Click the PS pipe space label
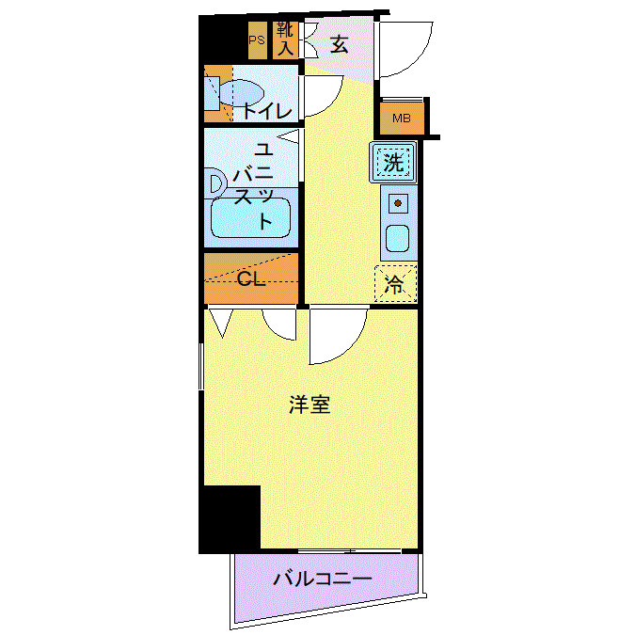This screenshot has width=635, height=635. tap(256, 40)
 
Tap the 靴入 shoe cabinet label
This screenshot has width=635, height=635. tap(285, 39)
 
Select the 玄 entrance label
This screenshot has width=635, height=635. tap(339, 44)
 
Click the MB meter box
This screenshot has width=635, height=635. tap(402, 119)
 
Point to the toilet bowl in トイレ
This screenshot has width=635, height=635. tap(242, 93)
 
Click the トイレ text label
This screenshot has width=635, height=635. tap(267, 111)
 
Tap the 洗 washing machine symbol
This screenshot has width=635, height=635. tap(393, 163)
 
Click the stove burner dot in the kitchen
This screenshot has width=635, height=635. tap(398, 203)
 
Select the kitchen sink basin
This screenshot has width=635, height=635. tap(397, 239)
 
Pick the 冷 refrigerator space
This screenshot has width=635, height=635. tap(395, 283)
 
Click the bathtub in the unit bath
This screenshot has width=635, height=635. tap(250, 217)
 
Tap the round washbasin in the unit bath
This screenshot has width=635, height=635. tap(214, 184)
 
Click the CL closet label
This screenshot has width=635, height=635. tap(251, 278)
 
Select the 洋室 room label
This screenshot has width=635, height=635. tap(310, 405)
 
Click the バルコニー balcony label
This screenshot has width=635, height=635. tap(323, 579)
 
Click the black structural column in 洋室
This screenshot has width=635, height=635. tap(230, 519)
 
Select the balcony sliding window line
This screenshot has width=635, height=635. tap(350, 550)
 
